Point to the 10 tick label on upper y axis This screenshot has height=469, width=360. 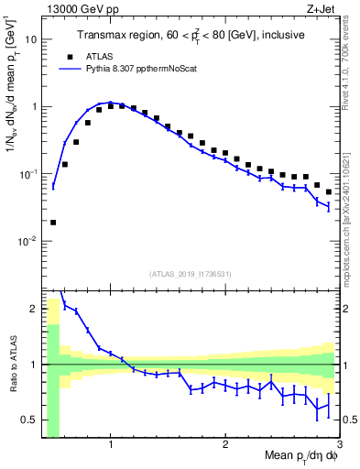(31, 39)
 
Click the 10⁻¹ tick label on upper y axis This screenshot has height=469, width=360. (28, 173)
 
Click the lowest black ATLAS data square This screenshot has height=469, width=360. (53, 222)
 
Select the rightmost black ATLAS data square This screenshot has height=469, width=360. (329, 192)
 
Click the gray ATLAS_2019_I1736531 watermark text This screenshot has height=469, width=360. (191, 275)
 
